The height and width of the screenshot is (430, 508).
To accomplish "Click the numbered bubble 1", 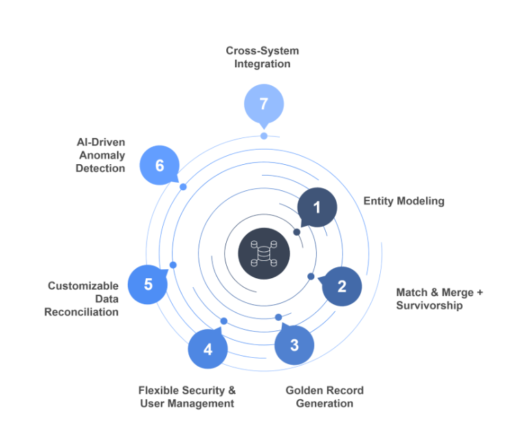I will [x=317, y=207].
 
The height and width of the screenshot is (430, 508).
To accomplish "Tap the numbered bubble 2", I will [x=342, y=286].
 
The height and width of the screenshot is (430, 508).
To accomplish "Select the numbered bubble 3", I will [x=294, y=345].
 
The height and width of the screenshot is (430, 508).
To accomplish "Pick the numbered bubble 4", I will [x=208, y=349].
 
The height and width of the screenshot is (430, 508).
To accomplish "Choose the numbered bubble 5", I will [x=148, y=284].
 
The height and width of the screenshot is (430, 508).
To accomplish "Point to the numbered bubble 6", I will [x=159, y=166].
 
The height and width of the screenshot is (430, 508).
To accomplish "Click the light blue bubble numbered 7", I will [x=263, y=104].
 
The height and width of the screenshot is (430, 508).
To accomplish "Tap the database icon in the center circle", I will [x=264, y=253].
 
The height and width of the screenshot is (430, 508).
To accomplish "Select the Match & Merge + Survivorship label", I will [x=439, y=299].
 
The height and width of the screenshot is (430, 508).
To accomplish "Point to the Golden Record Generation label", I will [x=324, y=397].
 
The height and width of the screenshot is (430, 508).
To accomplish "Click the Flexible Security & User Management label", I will [x=187, y=397].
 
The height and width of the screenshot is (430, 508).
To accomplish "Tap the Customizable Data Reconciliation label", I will [x=82, y=299].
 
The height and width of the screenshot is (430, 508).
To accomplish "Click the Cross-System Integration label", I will [x=263, y=57].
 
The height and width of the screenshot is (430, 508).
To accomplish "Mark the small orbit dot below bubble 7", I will [x=264, y=136].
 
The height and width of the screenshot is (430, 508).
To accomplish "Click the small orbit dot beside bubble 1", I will [x=297, y=232].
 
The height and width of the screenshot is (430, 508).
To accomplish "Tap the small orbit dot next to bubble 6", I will [x=183, y=187].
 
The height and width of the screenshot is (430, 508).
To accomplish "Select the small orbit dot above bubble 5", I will [x=173, y=265].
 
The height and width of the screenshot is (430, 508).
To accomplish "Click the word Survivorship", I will [x=430, y=306].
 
